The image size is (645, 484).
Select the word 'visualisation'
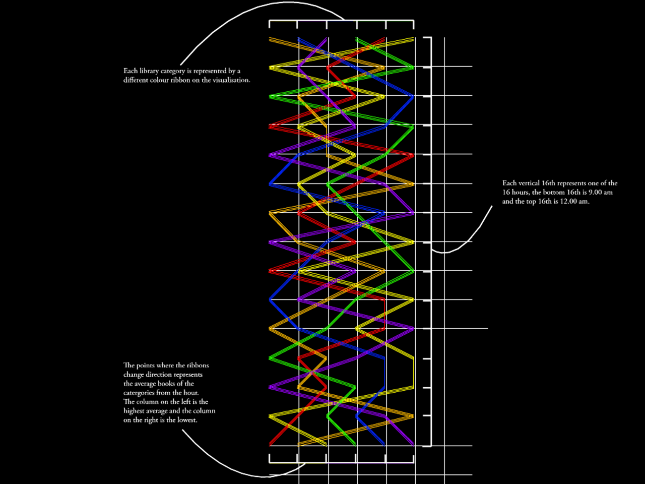coord(230,80)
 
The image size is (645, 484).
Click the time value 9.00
coord(596,192)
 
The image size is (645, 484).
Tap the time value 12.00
coord(569,201)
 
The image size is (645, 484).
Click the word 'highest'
coord(135,411)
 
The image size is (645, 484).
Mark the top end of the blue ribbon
coord(299,38)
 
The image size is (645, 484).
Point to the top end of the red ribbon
coord(385,38)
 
